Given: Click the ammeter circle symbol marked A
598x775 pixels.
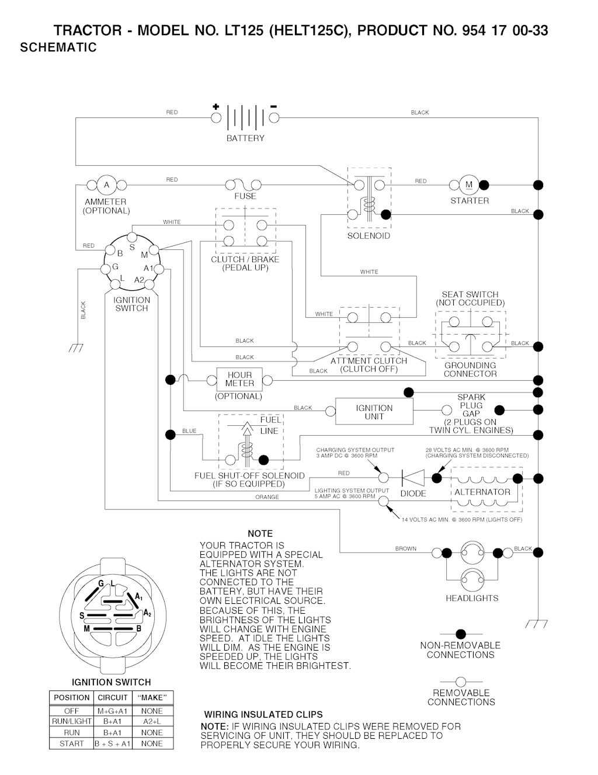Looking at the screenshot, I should point(106,185).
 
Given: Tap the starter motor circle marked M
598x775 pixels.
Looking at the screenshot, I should point(469,185).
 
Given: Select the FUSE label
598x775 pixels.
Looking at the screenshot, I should point(245,196).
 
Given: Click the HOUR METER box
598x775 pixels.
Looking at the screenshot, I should point(239,380).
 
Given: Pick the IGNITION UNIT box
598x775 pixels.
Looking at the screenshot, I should point(374,412).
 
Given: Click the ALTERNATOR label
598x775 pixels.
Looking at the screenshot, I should point(482,492).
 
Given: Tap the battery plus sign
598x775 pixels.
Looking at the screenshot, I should point(215,107).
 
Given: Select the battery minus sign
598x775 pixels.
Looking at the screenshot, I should point(273,107).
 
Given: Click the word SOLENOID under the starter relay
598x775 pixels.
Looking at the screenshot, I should point(368,236).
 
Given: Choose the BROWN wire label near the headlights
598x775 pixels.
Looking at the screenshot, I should point(406,548).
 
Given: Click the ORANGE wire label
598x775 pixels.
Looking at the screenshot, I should point(267,497).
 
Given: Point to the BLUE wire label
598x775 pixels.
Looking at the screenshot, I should point(189,431).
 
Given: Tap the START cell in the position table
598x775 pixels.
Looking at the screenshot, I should point(71,743).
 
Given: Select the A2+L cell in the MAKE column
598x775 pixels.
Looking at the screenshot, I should point(151,721).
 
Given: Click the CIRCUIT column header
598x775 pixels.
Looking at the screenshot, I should point(113,697).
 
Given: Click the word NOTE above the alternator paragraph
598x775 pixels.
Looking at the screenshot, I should point(260,534).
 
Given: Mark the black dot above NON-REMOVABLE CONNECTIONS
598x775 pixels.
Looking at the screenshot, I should point(461,634).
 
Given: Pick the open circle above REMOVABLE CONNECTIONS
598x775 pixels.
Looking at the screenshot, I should point(461,681).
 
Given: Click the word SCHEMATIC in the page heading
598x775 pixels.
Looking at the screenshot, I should point(58,48).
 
